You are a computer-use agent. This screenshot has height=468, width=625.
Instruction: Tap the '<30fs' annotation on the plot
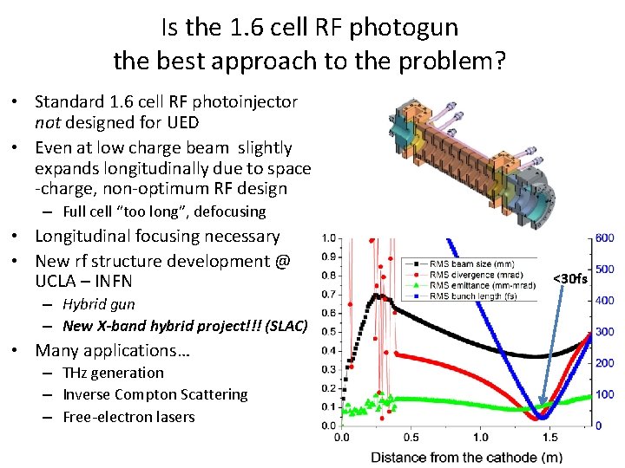pos(570,278)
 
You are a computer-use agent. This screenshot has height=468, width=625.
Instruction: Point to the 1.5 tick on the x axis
pos(549,438)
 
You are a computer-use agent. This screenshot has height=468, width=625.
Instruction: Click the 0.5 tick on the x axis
pos(411,438)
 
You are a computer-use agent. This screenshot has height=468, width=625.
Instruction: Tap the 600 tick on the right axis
pos(605,238)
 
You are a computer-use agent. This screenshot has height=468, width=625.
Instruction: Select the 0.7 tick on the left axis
pos(329,295)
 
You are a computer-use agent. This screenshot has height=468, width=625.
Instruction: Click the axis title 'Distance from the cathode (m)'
pos(466,457)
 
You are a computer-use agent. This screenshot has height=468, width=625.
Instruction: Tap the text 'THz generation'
pos(113,373)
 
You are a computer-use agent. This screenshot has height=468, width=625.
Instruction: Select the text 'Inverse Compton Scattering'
pos(155,394)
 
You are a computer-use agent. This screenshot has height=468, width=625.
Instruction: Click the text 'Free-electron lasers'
pos(128,417)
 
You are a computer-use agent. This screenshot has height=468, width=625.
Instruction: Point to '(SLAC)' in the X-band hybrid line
pos(284,326)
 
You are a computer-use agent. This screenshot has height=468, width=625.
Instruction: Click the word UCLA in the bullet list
pos(58,282)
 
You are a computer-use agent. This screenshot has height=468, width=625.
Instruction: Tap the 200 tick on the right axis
pos(605,363)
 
